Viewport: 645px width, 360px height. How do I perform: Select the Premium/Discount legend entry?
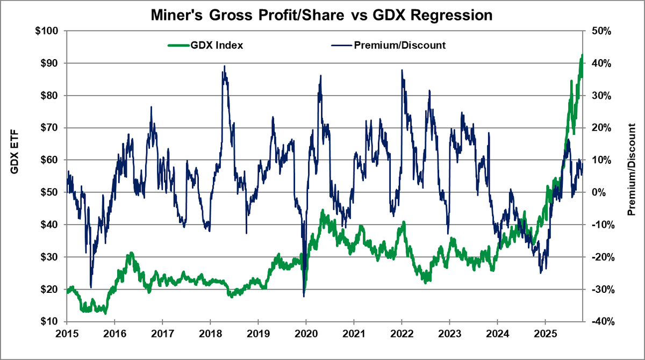tap(399, 45)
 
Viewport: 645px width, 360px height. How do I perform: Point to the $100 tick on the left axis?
tap(47, 31)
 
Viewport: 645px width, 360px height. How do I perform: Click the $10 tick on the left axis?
tap(49, 321)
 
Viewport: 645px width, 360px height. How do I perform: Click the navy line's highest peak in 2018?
tap(224, 66)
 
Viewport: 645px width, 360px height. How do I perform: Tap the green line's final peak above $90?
tap(582, 55)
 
